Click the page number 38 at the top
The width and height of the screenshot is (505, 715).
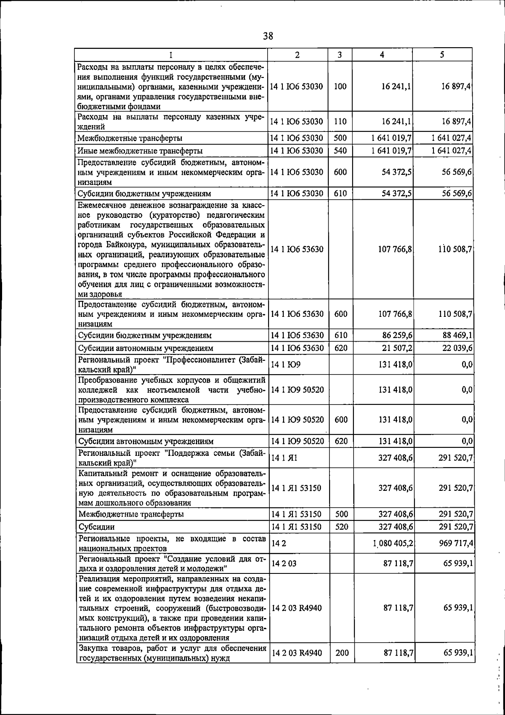click(268, 36)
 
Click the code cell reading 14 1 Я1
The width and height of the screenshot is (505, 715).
click(284, 458)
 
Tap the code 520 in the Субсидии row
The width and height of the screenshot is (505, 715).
click(341, 527)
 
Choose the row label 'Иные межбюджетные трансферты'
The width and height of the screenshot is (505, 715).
click(140, 151)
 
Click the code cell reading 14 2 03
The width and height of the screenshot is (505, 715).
click(284, 564)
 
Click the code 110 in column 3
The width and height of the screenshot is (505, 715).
click(340, 122)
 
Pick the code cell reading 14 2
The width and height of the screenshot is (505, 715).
click(279, 544)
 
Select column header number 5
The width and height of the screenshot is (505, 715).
click(443, 55)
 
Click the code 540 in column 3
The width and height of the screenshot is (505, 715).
click(340, 151)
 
